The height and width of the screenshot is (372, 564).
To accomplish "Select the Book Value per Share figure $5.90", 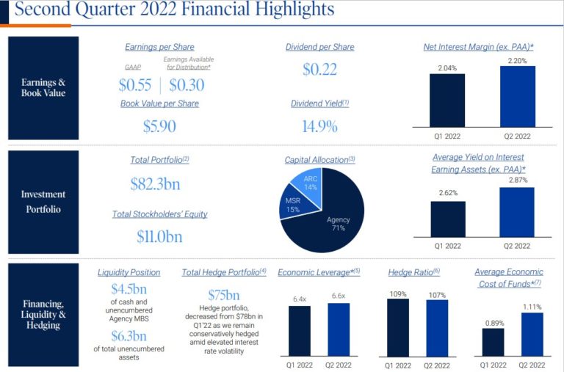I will pos(159,126).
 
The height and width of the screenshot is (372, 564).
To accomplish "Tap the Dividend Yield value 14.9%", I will pos(319,126).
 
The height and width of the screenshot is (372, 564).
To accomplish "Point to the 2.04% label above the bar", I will pos(447,68).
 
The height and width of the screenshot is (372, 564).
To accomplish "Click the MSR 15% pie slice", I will pos(291,205).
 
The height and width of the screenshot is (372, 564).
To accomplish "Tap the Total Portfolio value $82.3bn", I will pos(155,183).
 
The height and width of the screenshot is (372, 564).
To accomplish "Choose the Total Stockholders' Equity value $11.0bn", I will pos(159,236).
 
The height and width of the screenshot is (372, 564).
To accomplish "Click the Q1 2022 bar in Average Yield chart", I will pos(447,219).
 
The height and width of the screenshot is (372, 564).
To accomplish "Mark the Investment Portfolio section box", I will pos(43,201).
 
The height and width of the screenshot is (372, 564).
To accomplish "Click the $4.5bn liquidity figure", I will pos(129,289).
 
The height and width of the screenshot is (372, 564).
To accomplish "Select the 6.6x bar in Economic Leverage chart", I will pos(339,329).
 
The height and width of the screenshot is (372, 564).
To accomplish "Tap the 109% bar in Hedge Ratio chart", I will pos(397,327).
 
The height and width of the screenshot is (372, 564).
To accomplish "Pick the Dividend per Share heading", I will pos(319,47).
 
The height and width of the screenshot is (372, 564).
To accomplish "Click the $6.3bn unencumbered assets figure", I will pos(129,336).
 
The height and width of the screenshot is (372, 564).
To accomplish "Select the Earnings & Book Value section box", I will pos(43,88).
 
